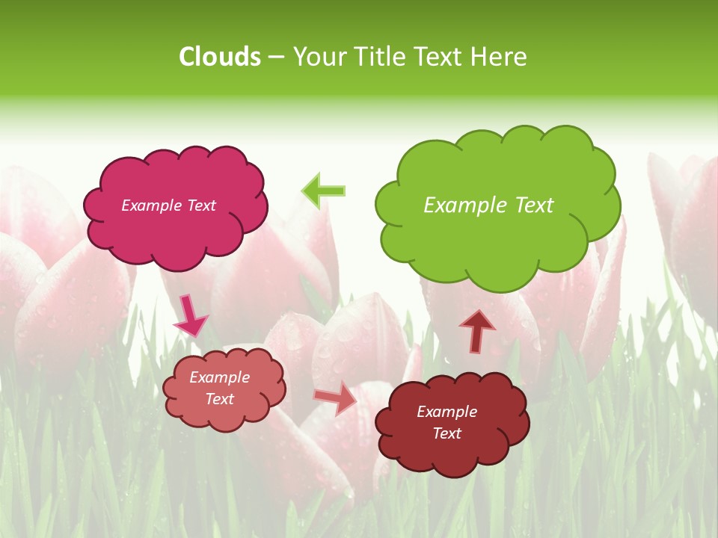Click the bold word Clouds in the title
tap(220, 57)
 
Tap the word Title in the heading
tap(374, 57)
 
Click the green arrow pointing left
tap(324, 191)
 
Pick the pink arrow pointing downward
tap(190, 315)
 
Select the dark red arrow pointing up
tap(477, 331)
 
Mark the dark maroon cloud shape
tap(452, 456)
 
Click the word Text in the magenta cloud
tap(201, 205)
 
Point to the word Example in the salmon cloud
tap(219, 377)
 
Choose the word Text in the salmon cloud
tap(220, 399)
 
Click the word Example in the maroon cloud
tap(447, 412)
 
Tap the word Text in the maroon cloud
tap(447, 433)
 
